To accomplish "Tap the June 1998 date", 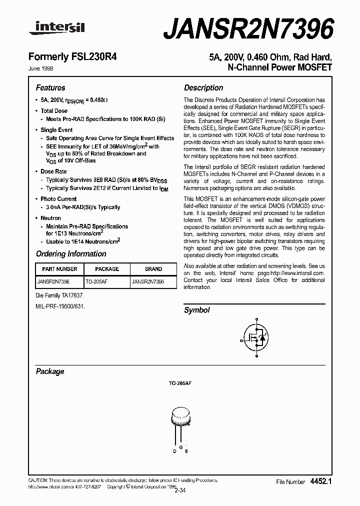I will [x=44, y=68].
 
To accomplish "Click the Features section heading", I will [x=50, y=88].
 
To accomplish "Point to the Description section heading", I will [x=203, y=88].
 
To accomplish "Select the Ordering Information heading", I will [x=71, y=254].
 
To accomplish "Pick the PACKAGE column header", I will [x=107, y=269].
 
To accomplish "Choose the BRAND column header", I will [x=153, y=269].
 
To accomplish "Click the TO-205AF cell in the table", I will [x=97, y=282].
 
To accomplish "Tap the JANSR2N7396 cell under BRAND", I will [x=147, y=282].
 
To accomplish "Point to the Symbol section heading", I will [x=197, y=310].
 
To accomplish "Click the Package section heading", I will [x=50, y=371].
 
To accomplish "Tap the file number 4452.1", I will [x=321, y=481].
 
